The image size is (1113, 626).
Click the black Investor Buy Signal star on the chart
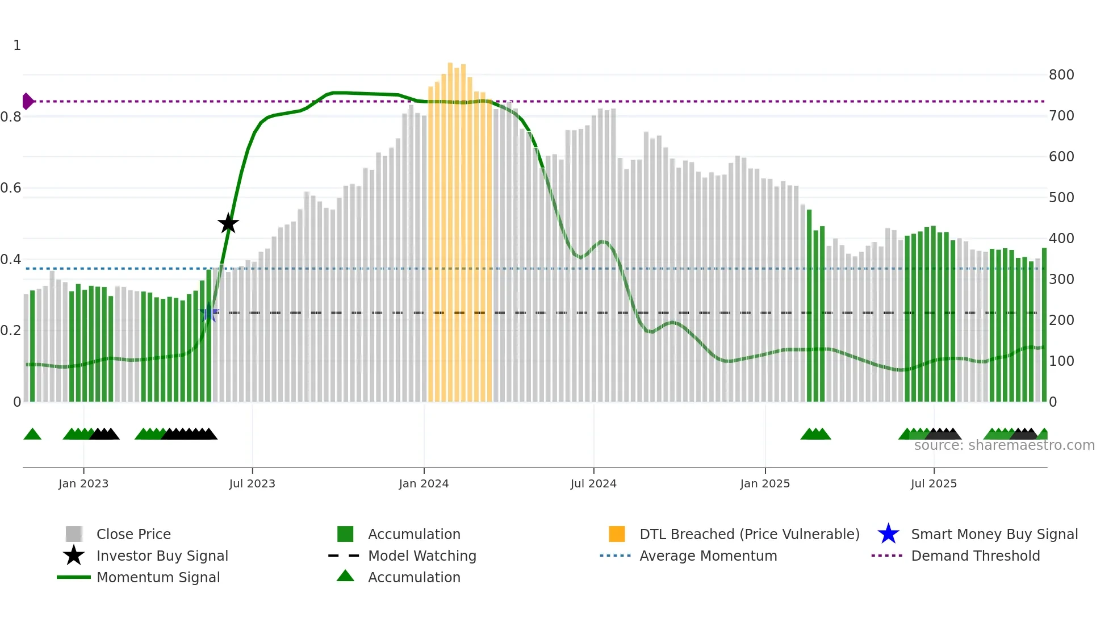(x=228, y=224)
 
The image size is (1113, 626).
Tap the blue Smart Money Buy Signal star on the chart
(x=209, y=312)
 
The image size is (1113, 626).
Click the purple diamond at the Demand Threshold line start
(x=27, y=101)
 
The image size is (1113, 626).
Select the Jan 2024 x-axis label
(x=424, y=484)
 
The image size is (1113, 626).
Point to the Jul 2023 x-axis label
(x=252, y=484)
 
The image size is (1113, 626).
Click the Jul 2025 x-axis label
(x=934, y=484)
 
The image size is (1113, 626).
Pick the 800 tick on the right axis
(x=1061, y=75)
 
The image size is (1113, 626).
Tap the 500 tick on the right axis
(x=1061, y=198)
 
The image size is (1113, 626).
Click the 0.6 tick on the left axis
(x=11, y=188)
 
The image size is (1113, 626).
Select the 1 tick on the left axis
(x=17, y=45)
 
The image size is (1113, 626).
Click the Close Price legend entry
(x=133, y=535)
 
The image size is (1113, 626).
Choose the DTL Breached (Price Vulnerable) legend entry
(x=749, y=535)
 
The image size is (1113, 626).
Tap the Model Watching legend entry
(x=422, y=556)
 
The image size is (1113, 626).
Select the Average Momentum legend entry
(x=708, y=556)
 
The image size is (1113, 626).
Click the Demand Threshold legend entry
(x=975, y=556)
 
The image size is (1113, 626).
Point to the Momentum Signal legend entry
(x=158, y=578)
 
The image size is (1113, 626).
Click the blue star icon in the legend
(x=888, y=534)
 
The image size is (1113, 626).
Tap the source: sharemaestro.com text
(x=1004, y=445)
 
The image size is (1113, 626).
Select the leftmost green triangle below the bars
(x=32, y=435)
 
